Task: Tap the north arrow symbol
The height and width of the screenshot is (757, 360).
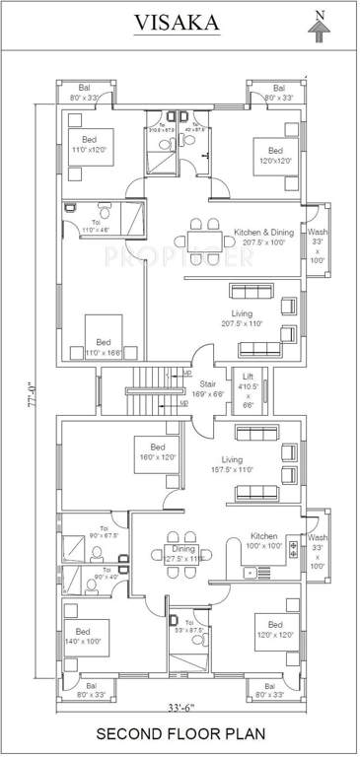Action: [x=318, y=28]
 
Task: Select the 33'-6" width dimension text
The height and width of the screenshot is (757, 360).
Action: [x=180, y=709]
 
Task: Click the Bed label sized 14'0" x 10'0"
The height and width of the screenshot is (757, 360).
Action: [x=83, y=636]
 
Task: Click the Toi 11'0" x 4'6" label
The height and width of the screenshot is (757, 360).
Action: [x=96, y=224]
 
